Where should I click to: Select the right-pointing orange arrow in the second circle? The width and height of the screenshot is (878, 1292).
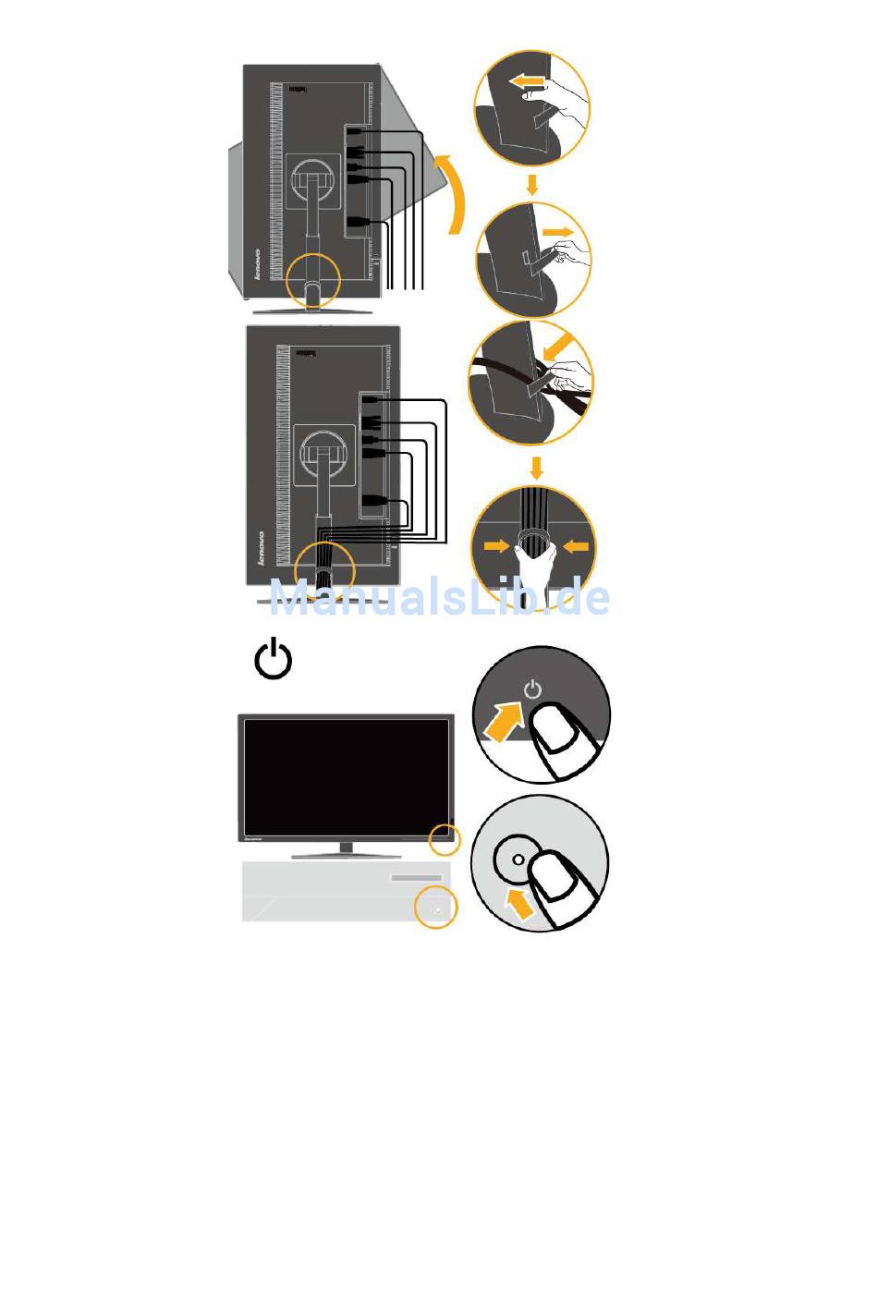tap(556, 229)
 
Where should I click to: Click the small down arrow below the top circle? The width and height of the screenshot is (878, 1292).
tap(531, 184)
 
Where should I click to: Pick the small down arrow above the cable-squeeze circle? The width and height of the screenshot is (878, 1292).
tap(537, 465)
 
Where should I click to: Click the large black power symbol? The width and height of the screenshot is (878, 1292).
tap(274, 660)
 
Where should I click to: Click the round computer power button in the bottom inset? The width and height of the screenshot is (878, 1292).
tap(517, 859)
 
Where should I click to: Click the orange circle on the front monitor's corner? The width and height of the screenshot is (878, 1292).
tap(445, 839)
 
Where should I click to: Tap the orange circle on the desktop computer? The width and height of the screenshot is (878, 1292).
tap(436, 908)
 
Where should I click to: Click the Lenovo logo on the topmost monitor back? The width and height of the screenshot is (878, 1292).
tap(259, 264)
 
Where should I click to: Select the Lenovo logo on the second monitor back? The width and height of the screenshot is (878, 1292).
tap(262, 547)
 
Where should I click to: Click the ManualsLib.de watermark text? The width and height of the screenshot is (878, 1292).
tap(439, 598)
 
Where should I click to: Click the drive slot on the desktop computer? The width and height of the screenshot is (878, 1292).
tap(416, 877)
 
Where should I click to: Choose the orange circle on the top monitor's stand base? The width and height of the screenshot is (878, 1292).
tap(313, 280)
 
